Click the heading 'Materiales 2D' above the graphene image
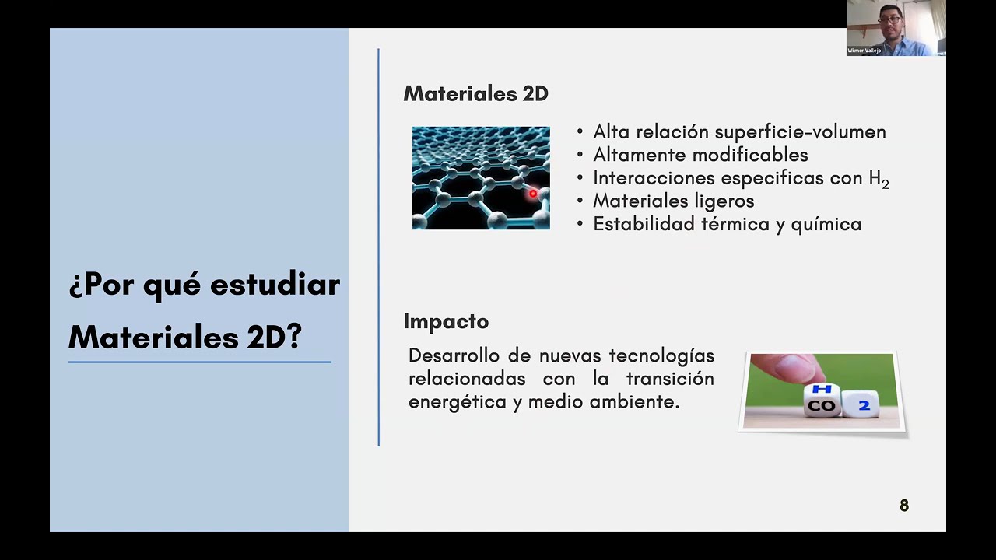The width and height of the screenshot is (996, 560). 475,94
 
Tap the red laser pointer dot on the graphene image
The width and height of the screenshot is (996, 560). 533,194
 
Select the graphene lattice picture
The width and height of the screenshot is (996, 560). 481,178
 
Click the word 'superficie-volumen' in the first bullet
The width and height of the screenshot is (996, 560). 800,132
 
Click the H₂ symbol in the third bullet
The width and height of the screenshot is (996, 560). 879,179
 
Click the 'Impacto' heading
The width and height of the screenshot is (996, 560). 446,321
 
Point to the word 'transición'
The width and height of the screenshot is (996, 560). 670,379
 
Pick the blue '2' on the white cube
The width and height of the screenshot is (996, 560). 864,405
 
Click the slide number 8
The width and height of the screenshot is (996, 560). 904,506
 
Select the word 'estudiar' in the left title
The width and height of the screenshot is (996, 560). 275,285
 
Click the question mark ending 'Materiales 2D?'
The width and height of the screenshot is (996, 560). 294,338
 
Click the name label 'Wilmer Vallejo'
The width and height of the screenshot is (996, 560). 864,51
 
